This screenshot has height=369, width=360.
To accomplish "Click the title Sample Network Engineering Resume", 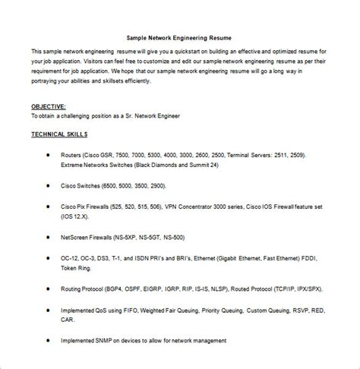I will coord(179,36).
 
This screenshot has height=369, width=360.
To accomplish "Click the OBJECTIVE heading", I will coord(49,106).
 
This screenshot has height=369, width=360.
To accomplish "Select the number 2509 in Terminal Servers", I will coord(294,154).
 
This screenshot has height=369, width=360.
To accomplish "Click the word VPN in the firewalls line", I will coord(195,206).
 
